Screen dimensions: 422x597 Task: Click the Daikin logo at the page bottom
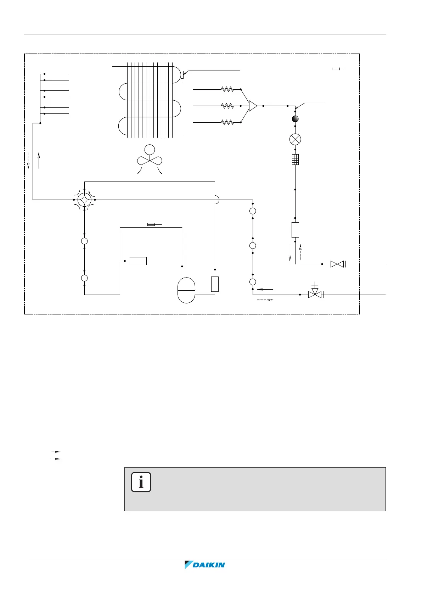pyautogui.click(x=205, y=565)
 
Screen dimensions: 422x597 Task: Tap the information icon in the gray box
pyautogui.click(x=141, y=482)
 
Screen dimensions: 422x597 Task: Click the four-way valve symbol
pyautogui.click(x=84, y=200)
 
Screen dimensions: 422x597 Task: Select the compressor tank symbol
pyautogui.click(x=186, y=290)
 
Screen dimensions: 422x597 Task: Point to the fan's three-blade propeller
pyautogui.click(x=150, y=161)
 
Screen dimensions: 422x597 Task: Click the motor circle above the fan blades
pyautogui.click(x=150, y=150)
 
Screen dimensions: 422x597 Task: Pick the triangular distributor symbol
pyautogui.click(x=253, y=106)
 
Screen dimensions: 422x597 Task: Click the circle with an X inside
pyautogui.click(x=295, y=139)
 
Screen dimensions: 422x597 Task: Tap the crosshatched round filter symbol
pyautogui.click(x=295, y=119)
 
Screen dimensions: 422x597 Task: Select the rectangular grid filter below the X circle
pyautogui.click(x=295, y=160)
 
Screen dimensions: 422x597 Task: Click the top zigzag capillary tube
pyautogui.click(x=227, y=89)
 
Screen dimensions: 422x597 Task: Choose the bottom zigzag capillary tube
pyautogui.click(x=227, y=122)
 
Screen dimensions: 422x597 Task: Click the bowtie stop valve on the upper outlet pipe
pyautogui.click(x=337, y=264)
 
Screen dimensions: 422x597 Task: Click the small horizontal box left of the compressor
pyautogui.click(x=138, y=261)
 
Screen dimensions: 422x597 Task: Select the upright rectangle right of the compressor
pyautogui.click(x=215, y=284)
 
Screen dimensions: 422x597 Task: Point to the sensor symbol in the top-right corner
pyautogui.click(x=337, y=69)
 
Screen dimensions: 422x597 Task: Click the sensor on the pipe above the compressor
pyautogui.click(x=151, y=224)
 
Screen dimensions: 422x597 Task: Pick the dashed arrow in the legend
pyautogui.click(x=56, y=452)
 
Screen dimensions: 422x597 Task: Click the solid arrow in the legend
pyautogui.click(x=56, y=459)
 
